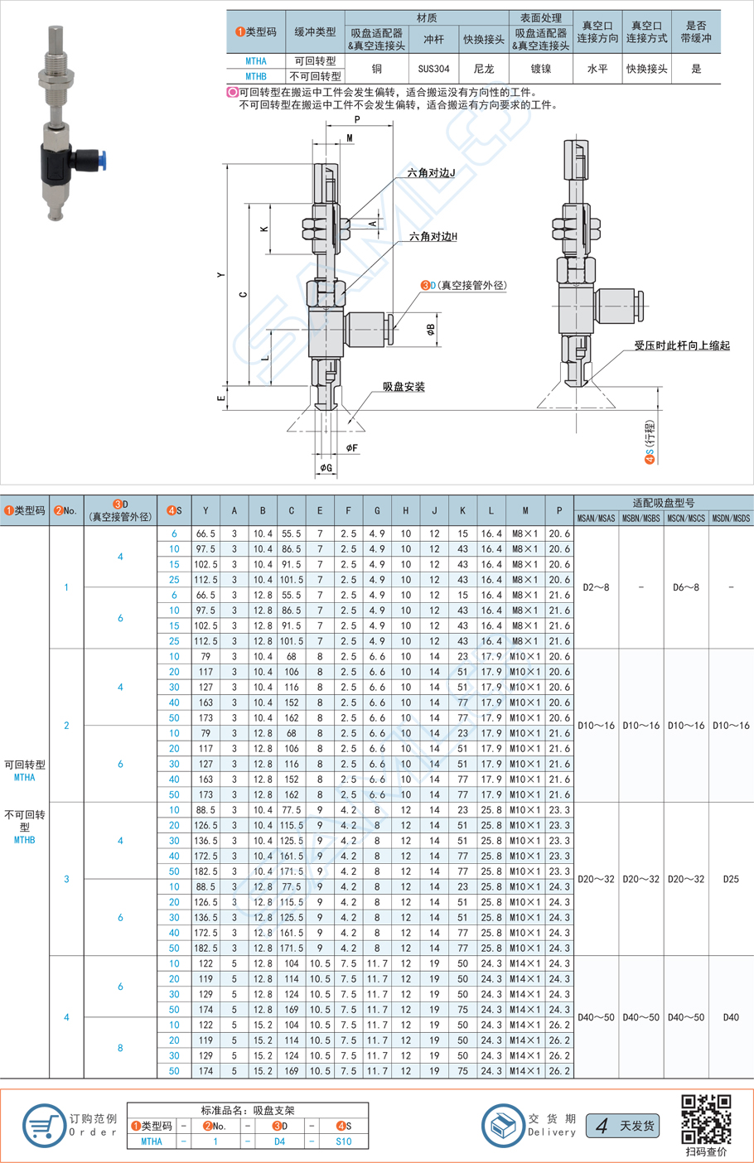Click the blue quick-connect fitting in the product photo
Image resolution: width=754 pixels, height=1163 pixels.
coord(99,157)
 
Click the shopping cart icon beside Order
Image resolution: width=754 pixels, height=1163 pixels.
coord(42,1126)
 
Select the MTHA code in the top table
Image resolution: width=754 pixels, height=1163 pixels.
coord(256,61)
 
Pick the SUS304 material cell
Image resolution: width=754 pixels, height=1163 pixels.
coord(433,69)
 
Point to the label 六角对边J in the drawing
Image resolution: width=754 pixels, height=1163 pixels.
coord(431,173)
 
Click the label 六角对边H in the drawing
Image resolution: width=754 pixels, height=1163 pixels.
coord(433,237)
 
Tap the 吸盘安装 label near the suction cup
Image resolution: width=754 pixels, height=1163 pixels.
coord(404,387)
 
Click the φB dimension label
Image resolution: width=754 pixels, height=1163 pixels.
coord(431,330)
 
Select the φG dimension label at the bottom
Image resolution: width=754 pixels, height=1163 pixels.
coord(326,468)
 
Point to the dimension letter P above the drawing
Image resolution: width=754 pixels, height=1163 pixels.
coord(358,120)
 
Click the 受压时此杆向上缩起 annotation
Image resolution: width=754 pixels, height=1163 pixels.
coord(682,345)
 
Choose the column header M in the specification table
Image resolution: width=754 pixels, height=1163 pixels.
coord(524,511)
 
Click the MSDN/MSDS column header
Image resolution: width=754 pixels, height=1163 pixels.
coord(731,519)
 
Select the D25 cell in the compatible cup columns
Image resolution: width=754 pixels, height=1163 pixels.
coord(731,879)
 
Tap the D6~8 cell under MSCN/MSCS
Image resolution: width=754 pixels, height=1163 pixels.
coord(685,587)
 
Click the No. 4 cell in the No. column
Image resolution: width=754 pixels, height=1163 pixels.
coord(66,1017)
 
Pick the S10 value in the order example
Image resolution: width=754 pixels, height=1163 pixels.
coord(343,1141)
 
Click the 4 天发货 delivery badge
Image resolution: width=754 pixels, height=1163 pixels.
coord(623,1126)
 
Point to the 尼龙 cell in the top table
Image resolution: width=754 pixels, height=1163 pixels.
coord(483,69)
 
